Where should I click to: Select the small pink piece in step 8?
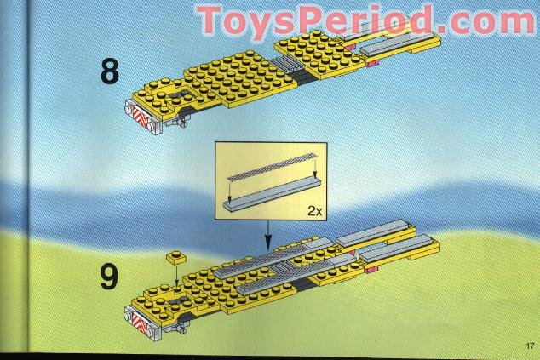373,61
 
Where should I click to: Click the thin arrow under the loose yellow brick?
177,273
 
